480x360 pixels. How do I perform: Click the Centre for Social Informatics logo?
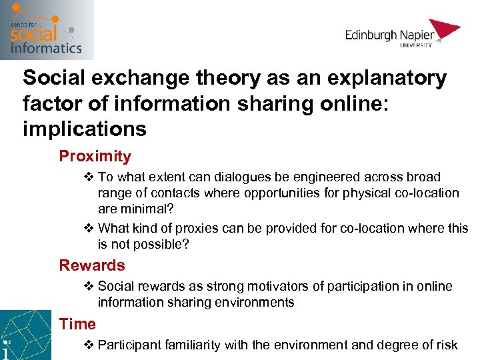46,29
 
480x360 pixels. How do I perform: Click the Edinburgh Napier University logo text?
389,35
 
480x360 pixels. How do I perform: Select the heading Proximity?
95,156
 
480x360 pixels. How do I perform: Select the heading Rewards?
92,265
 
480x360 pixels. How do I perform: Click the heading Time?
77,324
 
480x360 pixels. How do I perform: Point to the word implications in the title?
84,128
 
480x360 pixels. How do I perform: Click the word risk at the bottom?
446,345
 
